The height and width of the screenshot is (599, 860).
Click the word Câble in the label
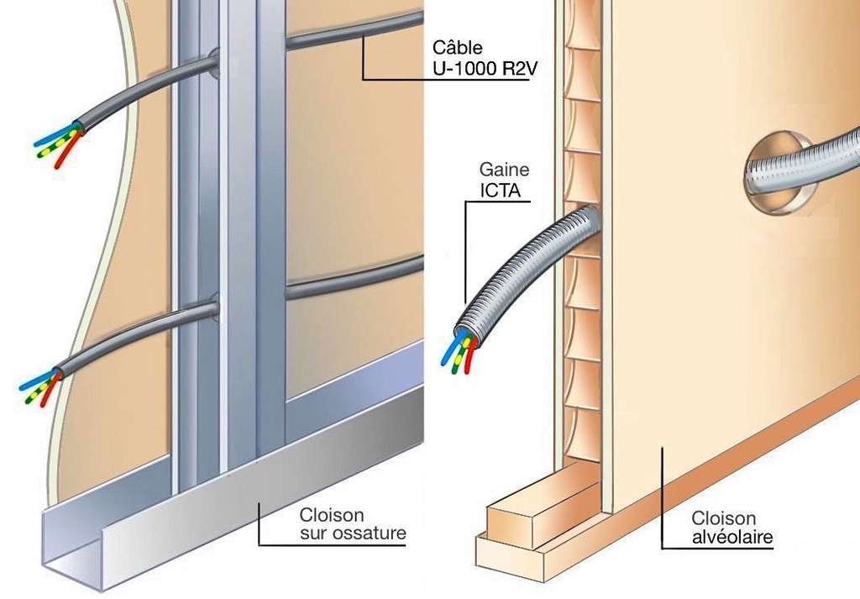click(x=458, y=47)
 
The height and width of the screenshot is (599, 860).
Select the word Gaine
click(x=504, y=170)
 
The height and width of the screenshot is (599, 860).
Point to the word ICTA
click(x=501, y=191)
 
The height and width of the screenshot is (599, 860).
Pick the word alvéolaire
click(x=732, y=537)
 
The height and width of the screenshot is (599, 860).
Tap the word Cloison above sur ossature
click(x=332, y=515)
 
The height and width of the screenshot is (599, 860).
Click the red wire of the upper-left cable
click(x=66, y=150)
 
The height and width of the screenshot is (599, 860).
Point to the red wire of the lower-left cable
click(x=49, y=391)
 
